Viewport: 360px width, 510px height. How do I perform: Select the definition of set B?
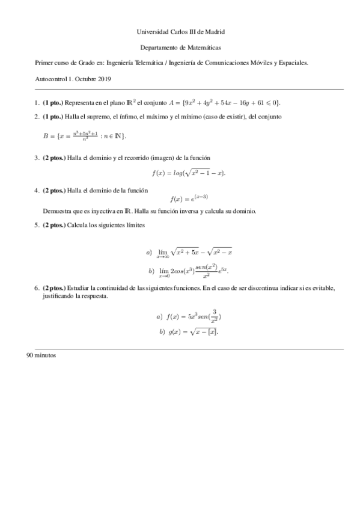pyautogui.click(x=84, y=137)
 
